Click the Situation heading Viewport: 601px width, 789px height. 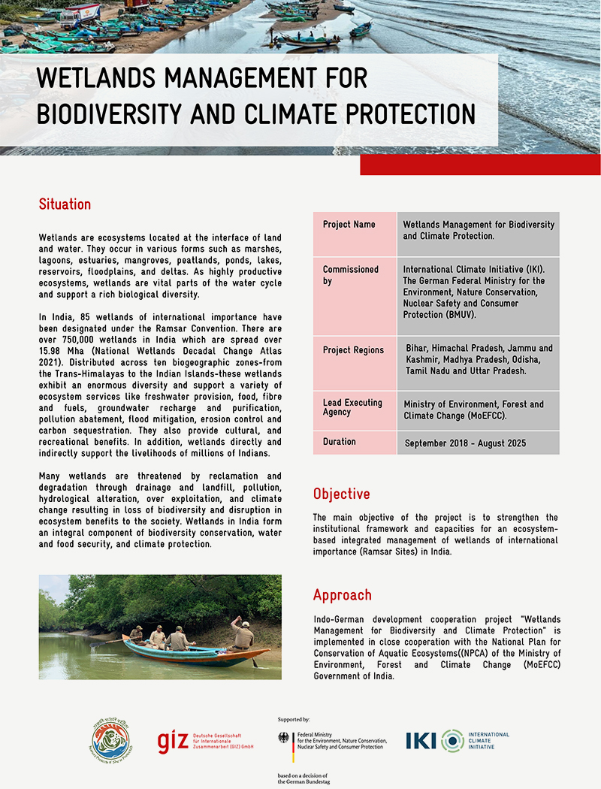(x=65, y=204)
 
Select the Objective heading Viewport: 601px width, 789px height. (x=341, y=494)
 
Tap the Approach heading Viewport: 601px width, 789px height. (x=342, y=595)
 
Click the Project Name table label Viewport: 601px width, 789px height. (x=349, y=225)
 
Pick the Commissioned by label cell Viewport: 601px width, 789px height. (x=350, y=275)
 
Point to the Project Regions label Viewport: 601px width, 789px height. (x=353, y=350)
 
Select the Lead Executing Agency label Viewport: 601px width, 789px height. (x=352, y=407)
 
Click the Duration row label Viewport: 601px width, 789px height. (x=340, y=442)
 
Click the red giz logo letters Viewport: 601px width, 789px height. (x=173, y=740)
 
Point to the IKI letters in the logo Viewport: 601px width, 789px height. (x=421, y=741)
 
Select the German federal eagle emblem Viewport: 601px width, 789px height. (x=285, y=739)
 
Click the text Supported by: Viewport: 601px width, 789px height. (x=294, y=720)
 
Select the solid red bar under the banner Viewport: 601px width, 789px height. (x=480, y=165)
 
